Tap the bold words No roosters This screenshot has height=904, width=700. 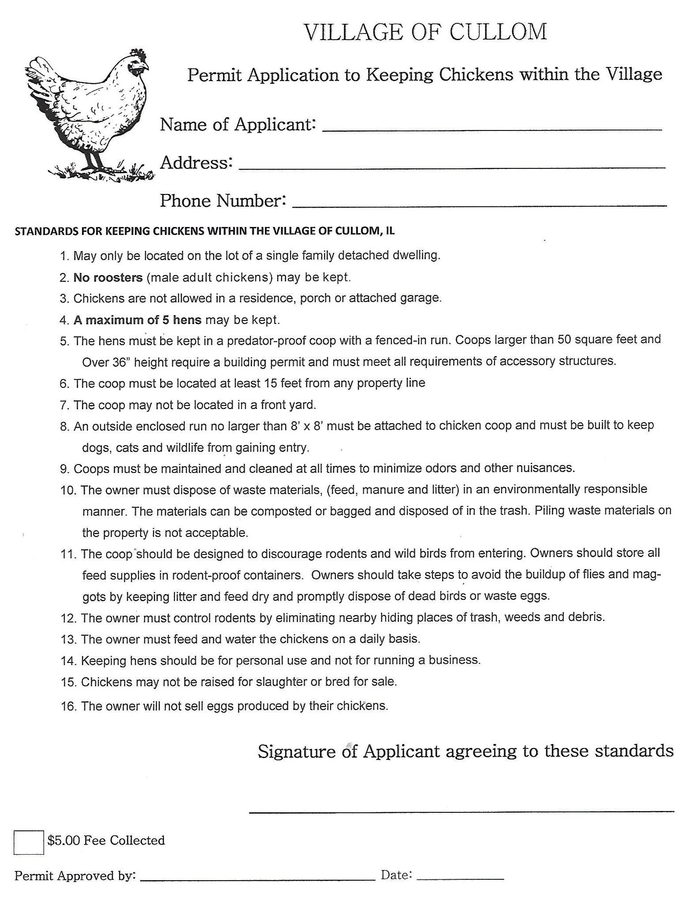pos(108,278)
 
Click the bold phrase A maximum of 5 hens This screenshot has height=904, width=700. pos(138,320)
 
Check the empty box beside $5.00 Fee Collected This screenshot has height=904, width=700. pos(29,842)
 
